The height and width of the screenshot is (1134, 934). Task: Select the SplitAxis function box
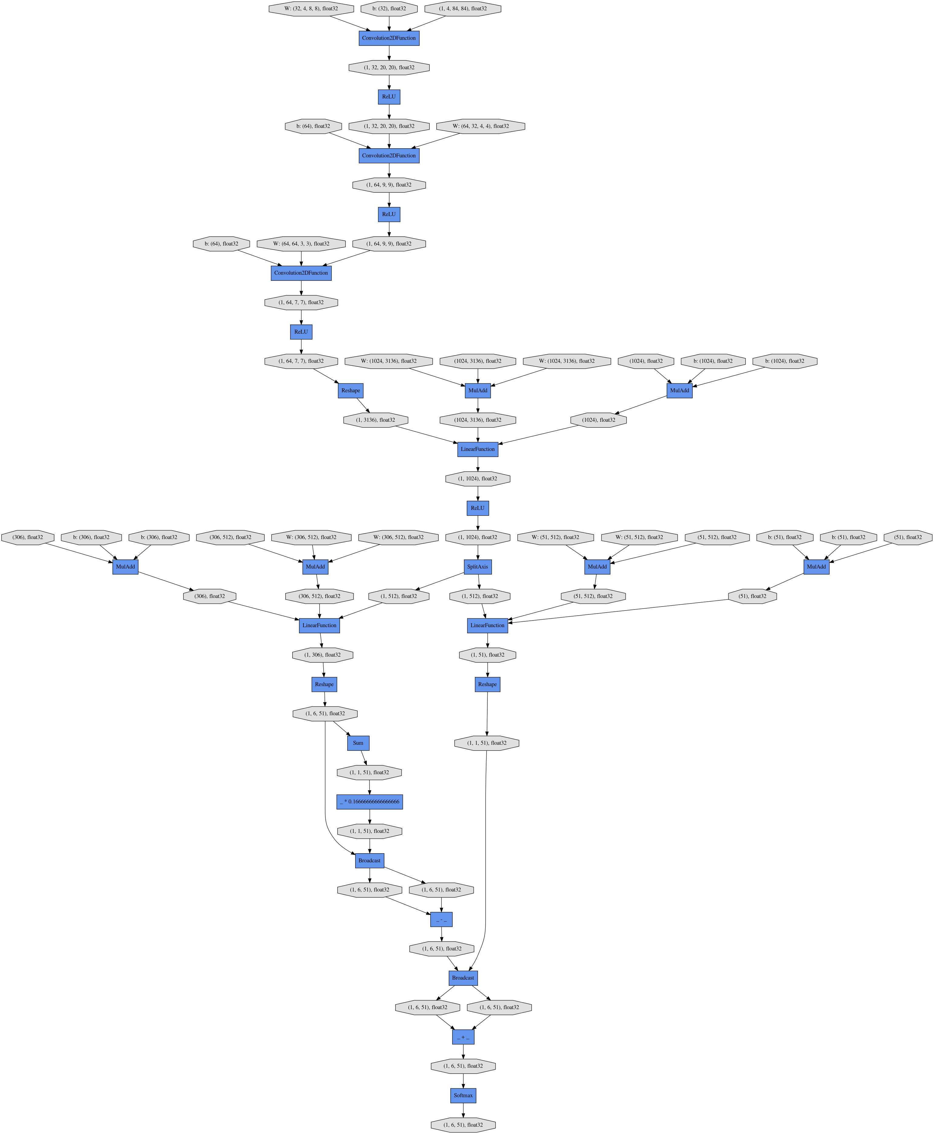click(478, 566)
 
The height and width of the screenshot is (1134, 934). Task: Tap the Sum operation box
click(358, 743)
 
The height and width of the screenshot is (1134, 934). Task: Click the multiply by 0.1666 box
click(369, 802)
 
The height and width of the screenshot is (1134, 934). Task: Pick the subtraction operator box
click(441, 919)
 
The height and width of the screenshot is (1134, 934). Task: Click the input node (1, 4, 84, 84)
click(463, 9)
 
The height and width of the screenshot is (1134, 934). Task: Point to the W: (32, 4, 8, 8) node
click(311, 9)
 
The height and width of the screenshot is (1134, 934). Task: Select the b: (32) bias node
click(389, 9)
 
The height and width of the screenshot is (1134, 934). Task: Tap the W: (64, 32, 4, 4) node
click(480, 126)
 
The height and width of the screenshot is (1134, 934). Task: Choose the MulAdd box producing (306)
click(125, 566)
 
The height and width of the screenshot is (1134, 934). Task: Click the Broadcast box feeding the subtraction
click(369, 860)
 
